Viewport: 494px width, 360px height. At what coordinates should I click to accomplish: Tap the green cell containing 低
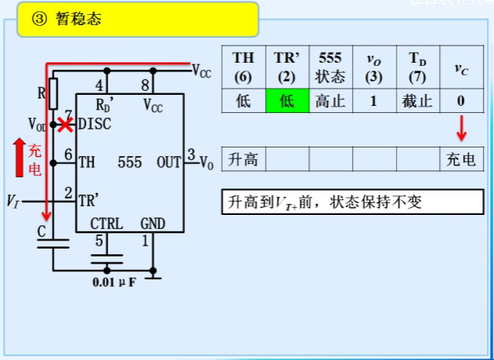click(287, 101)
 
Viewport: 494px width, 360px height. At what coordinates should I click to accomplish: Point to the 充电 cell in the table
click(461, 160)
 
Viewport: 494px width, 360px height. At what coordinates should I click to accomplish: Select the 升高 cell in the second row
click(243, 160)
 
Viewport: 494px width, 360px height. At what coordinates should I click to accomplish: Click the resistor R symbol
click(53, 93)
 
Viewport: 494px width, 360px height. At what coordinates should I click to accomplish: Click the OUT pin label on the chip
click(169, 163)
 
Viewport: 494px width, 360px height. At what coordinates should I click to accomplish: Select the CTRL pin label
click(106, 224)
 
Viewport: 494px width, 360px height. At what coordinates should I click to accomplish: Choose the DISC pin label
click(95, 124)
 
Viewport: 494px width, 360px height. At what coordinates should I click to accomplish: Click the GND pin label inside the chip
click(153, 224)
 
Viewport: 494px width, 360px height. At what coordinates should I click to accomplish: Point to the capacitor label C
click(41, 232)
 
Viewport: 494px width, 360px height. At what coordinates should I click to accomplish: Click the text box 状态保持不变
click(351, 202)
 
